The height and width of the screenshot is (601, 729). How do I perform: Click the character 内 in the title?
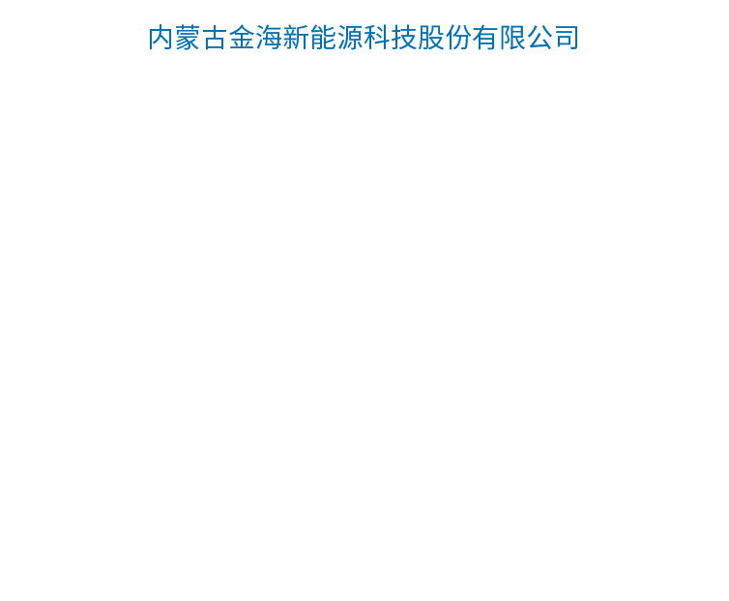point(160,37)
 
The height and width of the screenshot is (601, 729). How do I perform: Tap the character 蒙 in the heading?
point(188,37)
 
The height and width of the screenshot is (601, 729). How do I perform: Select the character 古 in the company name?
point(215,37)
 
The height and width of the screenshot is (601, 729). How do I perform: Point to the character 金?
point(242,37)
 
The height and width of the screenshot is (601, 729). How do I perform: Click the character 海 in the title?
point(269,37)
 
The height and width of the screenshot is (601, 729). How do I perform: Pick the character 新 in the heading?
point(296,37)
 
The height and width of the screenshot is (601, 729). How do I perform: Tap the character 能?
point(323,37)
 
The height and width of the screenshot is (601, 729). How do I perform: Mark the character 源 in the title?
point(350,37)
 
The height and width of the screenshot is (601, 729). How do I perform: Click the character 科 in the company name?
point(377,37)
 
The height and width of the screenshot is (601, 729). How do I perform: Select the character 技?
point(403,37)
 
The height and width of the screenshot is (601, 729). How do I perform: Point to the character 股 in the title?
point(430,37)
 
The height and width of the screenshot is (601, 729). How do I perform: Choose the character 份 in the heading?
point(457,37)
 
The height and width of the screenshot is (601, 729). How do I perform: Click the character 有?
point(484,37)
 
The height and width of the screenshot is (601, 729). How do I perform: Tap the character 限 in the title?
point(511,37)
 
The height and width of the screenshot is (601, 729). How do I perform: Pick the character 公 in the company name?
point(539,37)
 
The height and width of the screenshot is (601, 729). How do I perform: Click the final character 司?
point(566,37)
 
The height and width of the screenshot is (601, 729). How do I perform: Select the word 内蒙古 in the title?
point(188,37)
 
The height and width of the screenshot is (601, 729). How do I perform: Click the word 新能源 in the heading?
point(323,37)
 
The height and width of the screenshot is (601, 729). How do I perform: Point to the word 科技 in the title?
point(390,37)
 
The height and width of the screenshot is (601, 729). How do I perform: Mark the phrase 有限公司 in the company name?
point(525,37)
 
